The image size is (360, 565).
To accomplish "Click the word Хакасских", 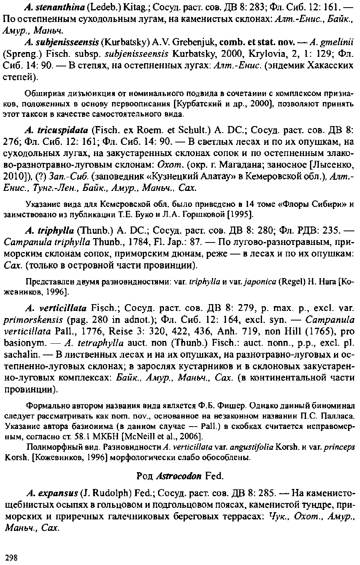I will coord(328,65).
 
